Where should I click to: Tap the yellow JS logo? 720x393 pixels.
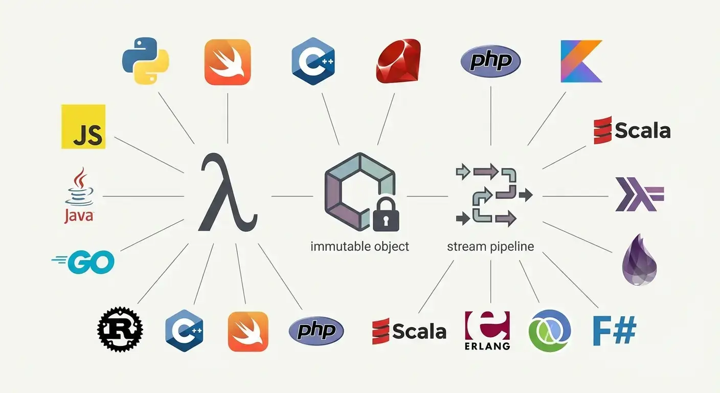[x=83, y=127]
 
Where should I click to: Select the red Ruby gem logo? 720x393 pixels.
[x=398, y=61]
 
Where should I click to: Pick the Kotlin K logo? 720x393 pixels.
[x=581, y=61]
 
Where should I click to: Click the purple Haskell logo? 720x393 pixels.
[x=639, y=195]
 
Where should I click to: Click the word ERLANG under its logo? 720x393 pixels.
[x=487, y=345]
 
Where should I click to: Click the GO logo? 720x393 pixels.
[x=83, y=261]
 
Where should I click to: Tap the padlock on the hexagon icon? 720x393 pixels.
[x=387, y=215]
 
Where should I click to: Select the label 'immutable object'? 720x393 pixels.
[x=359, y=246]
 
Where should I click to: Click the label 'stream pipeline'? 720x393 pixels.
[x=490, y=246]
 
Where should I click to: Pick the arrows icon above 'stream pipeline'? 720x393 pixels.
[x=491, y=194]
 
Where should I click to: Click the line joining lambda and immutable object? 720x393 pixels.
[x=292, y=196]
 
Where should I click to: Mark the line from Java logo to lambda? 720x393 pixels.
[x=143, y=196]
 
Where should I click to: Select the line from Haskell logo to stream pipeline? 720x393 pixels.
[x=575, y=196]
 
